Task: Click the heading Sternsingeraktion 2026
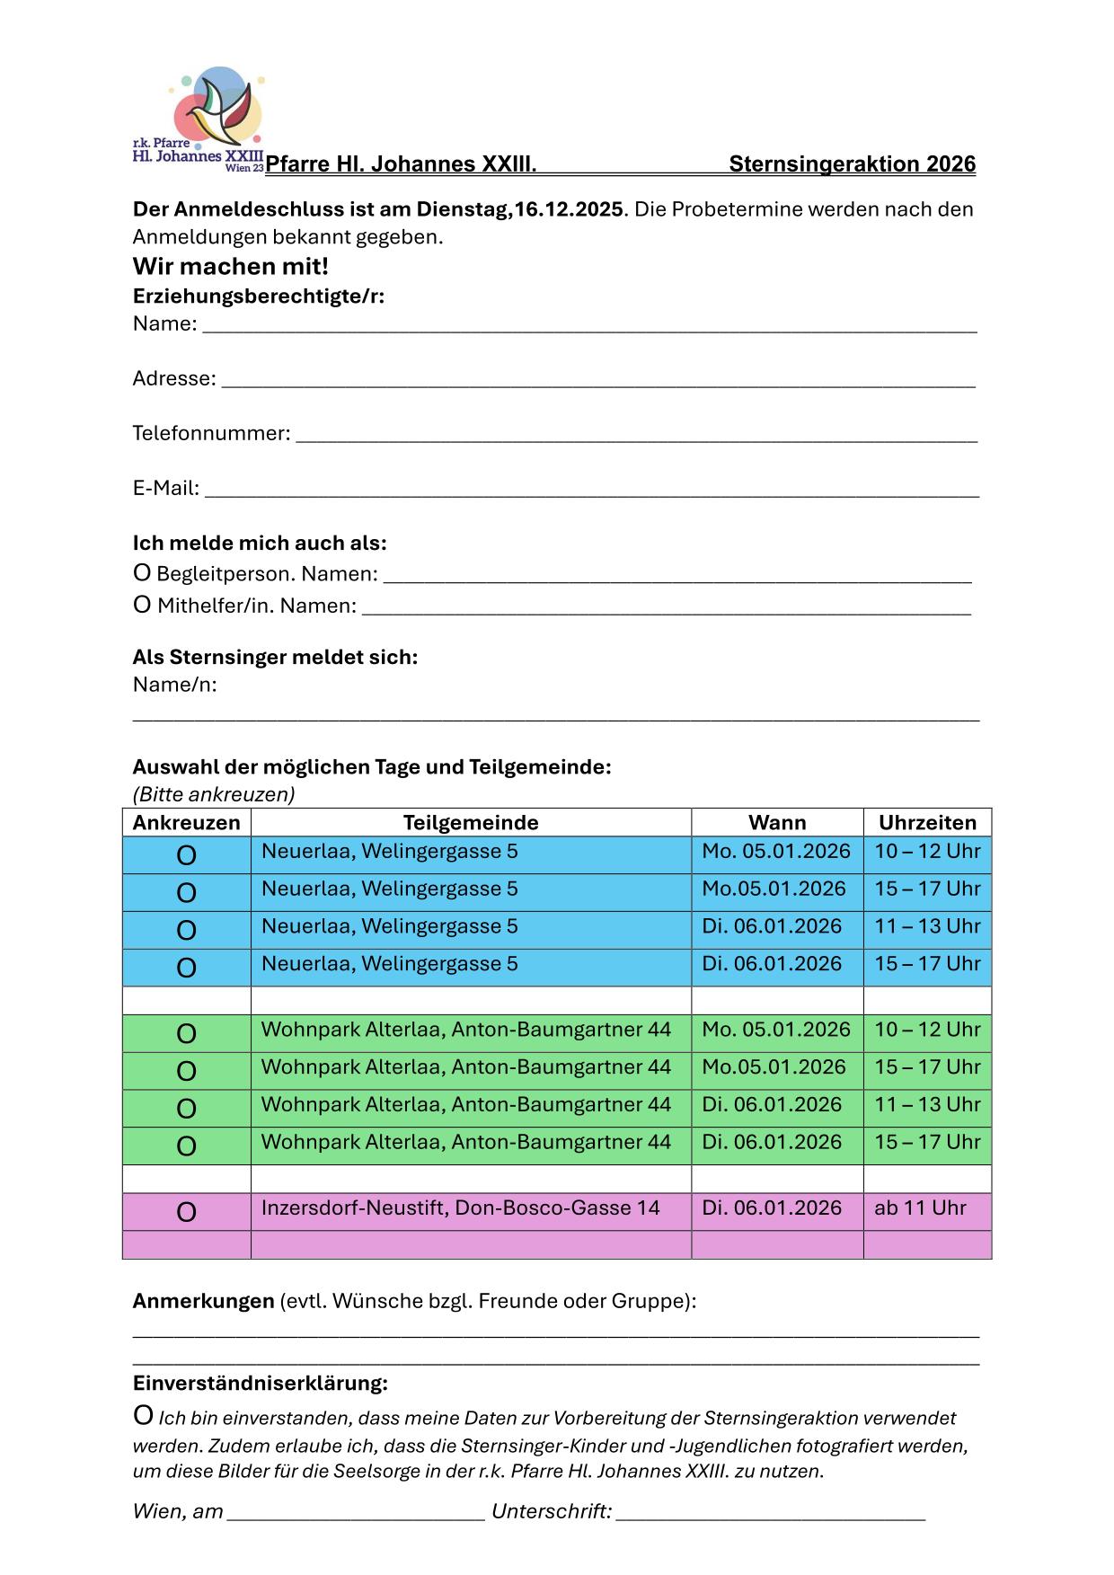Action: pos(852,164)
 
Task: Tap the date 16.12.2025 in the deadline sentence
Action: pos(569,209)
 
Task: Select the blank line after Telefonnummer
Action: pos(636,436)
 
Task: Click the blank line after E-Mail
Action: pos(591,491)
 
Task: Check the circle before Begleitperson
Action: pos(142,573)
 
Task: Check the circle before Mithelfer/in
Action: pos(142,606)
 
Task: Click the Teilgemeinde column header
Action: pos(471,823)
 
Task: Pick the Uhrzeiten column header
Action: pos(927,823)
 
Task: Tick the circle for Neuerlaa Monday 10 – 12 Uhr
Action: pos(186,855)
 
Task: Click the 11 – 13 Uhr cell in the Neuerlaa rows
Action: pos(927,926)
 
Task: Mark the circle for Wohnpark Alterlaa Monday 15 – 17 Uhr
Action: pos(186,1071)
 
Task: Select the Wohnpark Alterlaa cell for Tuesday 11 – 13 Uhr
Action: pos(466,1104)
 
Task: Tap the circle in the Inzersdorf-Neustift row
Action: pos(186,1212)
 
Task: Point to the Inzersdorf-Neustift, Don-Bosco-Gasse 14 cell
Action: pos(460,1208)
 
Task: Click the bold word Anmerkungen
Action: pos(203,1301)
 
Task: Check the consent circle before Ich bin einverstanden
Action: pos(143,1416)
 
